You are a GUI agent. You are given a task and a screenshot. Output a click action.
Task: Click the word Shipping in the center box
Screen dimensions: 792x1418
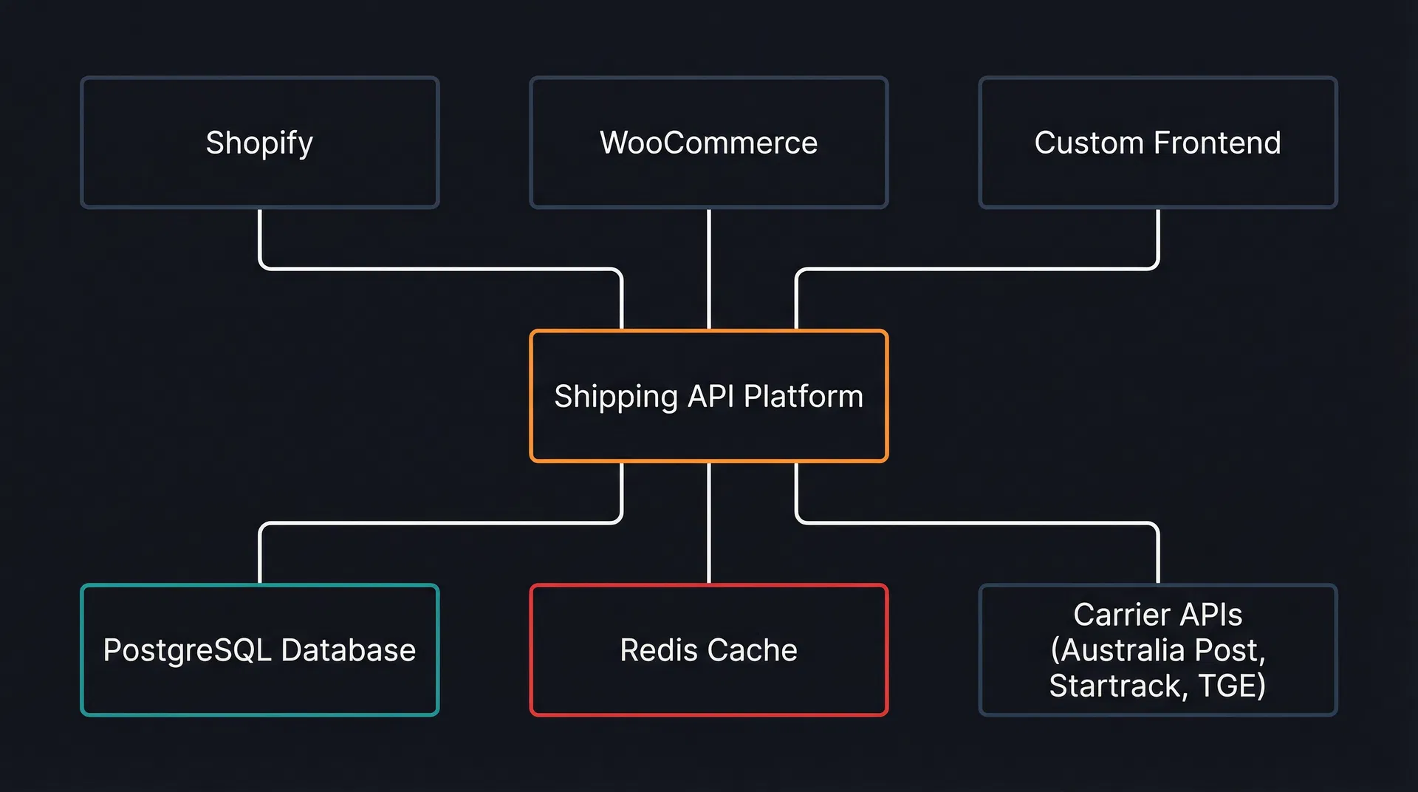pos(616,397)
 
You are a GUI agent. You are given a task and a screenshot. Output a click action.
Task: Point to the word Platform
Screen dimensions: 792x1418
pos(803,397)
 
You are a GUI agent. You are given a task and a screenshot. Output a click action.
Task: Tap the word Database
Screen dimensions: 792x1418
pos(348,650)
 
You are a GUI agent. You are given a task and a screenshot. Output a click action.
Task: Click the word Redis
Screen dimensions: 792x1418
pos(659,650)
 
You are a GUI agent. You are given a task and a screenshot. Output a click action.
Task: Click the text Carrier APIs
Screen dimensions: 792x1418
pos(1157,615)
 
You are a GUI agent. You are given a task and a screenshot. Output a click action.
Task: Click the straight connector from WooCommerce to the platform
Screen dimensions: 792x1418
pos(708,270)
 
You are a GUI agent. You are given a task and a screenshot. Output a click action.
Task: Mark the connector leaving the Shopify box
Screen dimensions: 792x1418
pos(260,236)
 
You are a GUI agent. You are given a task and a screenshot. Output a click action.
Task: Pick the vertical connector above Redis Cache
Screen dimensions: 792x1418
pos(708,525)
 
